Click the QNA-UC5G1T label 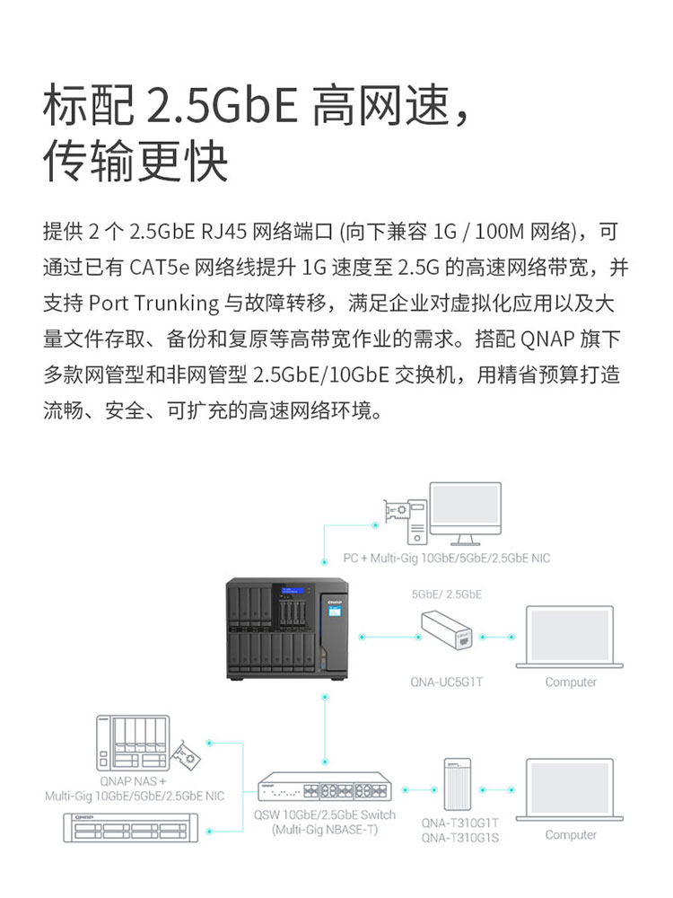[x=447, y=682]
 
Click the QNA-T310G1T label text [x=460, y=822]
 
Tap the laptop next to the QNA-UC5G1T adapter [x=570, y=637]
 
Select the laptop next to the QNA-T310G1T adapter [x=570, y=790]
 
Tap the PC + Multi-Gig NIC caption [x=447, y=559]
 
